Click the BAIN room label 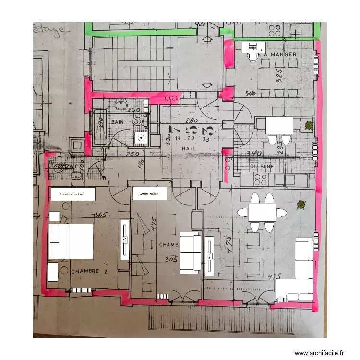tap(117, 122)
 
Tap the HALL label tap(190, 149)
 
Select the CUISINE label tap(262, 166)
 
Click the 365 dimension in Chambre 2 tap(100, 215)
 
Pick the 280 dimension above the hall tap(192, 120)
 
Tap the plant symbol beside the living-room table tap(301, 205)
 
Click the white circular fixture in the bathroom tap(141, 138)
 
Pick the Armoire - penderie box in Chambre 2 tap(72, 194)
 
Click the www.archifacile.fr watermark tap(319, 353)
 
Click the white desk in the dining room tap(253, 47)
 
